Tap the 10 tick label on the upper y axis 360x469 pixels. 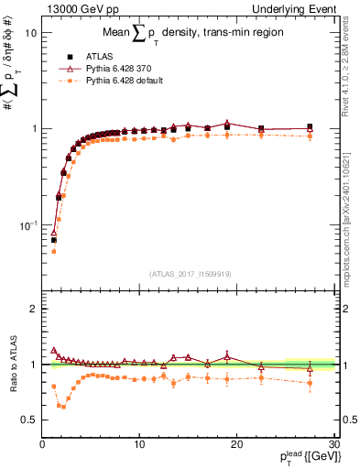pyautogui.click(x=30, y=32)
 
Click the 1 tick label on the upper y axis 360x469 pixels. pyautogui.click(x=33, y=128)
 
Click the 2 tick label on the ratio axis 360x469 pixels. pyautogui.click(x=33, y=309)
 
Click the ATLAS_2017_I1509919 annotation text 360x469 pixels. pyautogui.click(x=190, y=274)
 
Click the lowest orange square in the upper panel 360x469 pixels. pyautogui.click(x=53, y=251)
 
